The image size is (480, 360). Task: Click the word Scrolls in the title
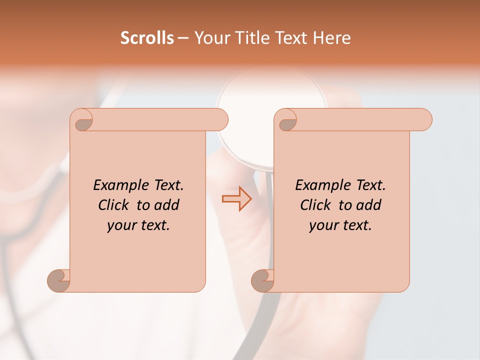coord(147,38)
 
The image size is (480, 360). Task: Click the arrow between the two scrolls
coord(236,198)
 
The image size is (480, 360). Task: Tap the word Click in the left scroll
coord(115,205)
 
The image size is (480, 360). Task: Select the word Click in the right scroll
coord(317,205)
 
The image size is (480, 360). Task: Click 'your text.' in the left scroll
coord(138,225)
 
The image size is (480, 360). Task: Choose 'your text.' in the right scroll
coord(340,225)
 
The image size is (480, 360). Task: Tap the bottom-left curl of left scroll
coord(59,280)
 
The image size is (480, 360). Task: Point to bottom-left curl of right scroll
coord(263,280)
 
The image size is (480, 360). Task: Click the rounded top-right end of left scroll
coord(220,120)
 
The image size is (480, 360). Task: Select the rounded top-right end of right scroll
coord(424,120)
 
